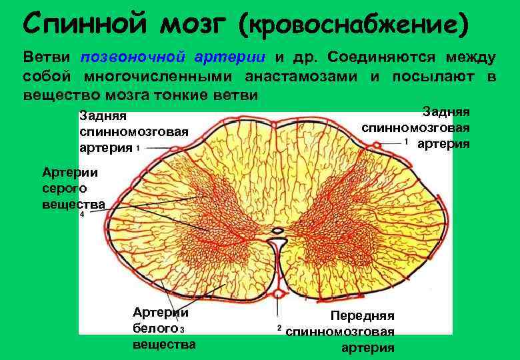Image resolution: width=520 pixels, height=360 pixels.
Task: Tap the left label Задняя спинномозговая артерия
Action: [133, 132]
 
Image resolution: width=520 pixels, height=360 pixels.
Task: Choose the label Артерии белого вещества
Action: [163, 328]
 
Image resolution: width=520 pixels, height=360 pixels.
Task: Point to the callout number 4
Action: [82, 216]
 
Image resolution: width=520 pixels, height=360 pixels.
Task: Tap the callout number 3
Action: [181, 329]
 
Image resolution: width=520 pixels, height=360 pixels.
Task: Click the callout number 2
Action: [279, 329]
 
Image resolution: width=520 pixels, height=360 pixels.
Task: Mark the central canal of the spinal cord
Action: [278, 232]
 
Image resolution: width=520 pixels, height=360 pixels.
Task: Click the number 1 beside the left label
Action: [137, 148]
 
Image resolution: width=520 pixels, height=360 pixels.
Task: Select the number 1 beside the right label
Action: [406, 143]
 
